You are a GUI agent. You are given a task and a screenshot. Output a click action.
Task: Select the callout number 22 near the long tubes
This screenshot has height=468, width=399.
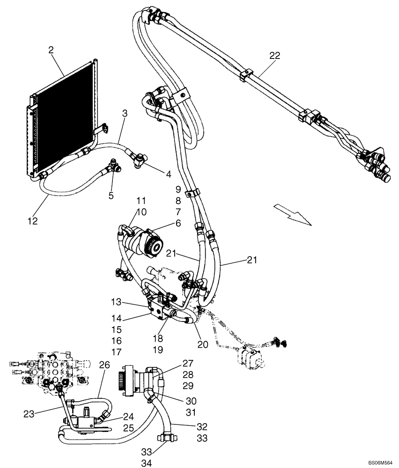[274, 56]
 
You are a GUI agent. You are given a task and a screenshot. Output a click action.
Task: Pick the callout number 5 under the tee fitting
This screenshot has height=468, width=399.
[111, 196]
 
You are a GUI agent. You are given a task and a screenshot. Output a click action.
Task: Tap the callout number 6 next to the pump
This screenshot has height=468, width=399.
[178, 224]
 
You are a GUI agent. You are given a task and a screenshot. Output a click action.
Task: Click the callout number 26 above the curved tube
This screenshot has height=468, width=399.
[104, 365]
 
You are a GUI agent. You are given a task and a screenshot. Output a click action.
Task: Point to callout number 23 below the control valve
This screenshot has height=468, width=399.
[29, 413]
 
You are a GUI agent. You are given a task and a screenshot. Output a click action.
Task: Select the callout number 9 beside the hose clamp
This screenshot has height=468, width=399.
[178, 190]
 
